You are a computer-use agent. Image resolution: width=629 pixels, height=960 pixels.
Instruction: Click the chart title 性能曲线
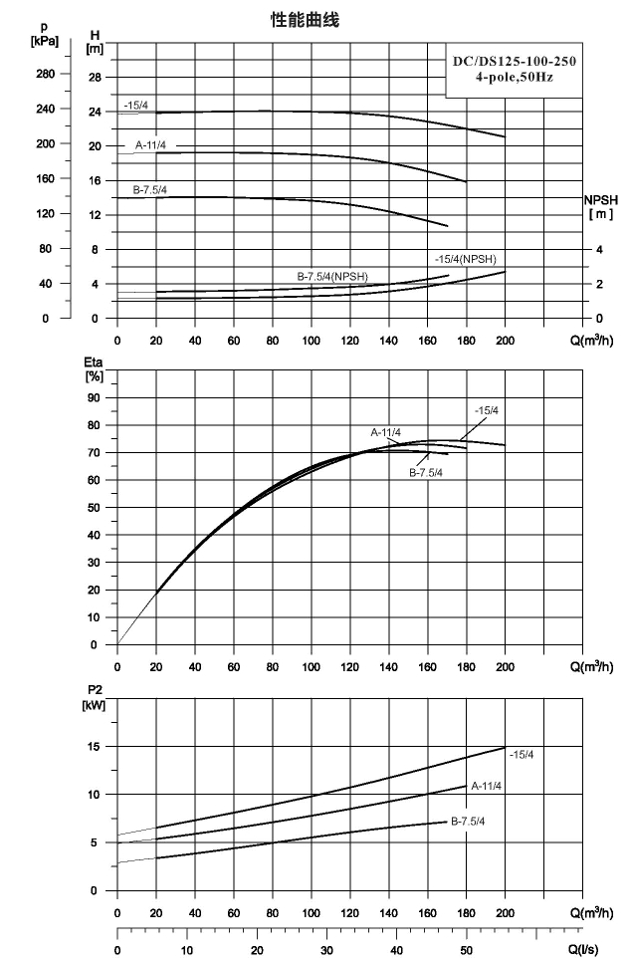[x=305, y=20]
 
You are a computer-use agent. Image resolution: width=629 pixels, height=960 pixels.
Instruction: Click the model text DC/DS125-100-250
[x=514, y=61]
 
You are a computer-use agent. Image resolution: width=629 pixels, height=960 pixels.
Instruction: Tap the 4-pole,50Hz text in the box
[x=515, y=78]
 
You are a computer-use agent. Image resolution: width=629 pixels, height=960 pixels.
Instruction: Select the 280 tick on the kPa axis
[x=45, y=74]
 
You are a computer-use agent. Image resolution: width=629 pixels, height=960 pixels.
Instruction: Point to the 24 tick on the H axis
[x=95, y=113]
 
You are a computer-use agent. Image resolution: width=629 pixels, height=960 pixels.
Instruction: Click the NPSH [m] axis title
[x=601, y=207]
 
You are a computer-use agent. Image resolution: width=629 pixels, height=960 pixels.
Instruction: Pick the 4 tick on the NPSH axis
[x=599, y=250]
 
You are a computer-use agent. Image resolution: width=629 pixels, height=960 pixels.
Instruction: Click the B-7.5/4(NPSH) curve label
[x=332, y=277]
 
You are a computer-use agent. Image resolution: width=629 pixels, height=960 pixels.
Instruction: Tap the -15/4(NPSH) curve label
[x=466, y=259]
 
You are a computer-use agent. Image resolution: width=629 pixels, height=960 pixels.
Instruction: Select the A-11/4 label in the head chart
[x=150, y=145]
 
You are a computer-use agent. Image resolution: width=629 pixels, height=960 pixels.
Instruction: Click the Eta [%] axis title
[x=94, y=369]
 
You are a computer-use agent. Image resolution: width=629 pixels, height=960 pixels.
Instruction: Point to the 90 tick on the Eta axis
[x=94, y=398]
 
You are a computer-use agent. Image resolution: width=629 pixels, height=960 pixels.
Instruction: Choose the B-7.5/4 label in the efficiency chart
[x=426, y=473]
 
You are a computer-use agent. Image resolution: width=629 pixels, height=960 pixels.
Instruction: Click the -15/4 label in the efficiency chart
[x=487, y=410]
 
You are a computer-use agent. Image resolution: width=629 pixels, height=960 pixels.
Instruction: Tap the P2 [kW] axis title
[x=94, y=698]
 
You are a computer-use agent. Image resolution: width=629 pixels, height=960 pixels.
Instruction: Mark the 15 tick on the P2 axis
[x=94, y=747]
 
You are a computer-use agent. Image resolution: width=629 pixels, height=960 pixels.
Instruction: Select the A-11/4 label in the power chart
[x=487, y=786]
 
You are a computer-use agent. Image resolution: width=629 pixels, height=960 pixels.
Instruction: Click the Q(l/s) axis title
[x=583, y=950]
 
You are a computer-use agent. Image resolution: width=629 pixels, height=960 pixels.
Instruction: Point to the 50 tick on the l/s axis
[x=466, y=950]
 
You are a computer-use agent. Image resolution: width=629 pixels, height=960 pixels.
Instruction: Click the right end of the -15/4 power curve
[x=506, y=747]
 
